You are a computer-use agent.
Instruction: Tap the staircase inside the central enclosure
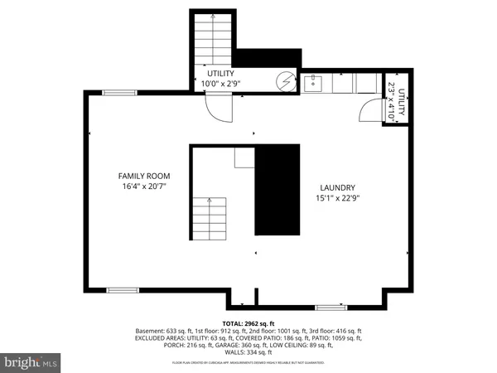pyautogui.click(x=210, y=217)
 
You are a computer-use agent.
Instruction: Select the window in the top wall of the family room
pyautogui.click(x=119, y=93)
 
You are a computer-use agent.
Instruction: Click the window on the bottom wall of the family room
pyautogui.click(x=123, y=290)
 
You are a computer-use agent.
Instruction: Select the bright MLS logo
pyautogui.click(x=31, y=362)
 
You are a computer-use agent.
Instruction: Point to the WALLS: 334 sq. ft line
pyautogui.click(x=248, y=352)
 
